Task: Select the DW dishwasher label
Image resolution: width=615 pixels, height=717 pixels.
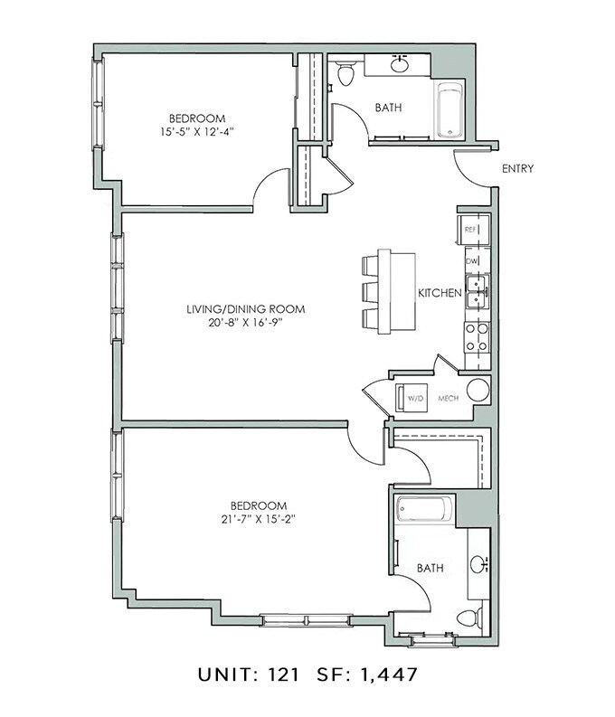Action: tap(471, 261)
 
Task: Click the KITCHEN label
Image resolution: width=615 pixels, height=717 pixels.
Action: tap(440, 293)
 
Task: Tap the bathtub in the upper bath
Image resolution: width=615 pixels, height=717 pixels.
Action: tap(449, 111)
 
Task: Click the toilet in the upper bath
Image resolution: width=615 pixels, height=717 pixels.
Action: tap(344, 73)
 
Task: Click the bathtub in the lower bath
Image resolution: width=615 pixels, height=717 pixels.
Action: tap(423, 511)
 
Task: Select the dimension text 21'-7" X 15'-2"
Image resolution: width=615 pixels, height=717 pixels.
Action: tap(258, 519)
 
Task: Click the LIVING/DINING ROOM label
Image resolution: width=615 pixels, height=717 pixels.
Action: tap(245, 309)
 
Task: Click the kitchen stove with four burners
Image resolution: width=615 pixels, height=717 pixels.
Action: tap(476, 337)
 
